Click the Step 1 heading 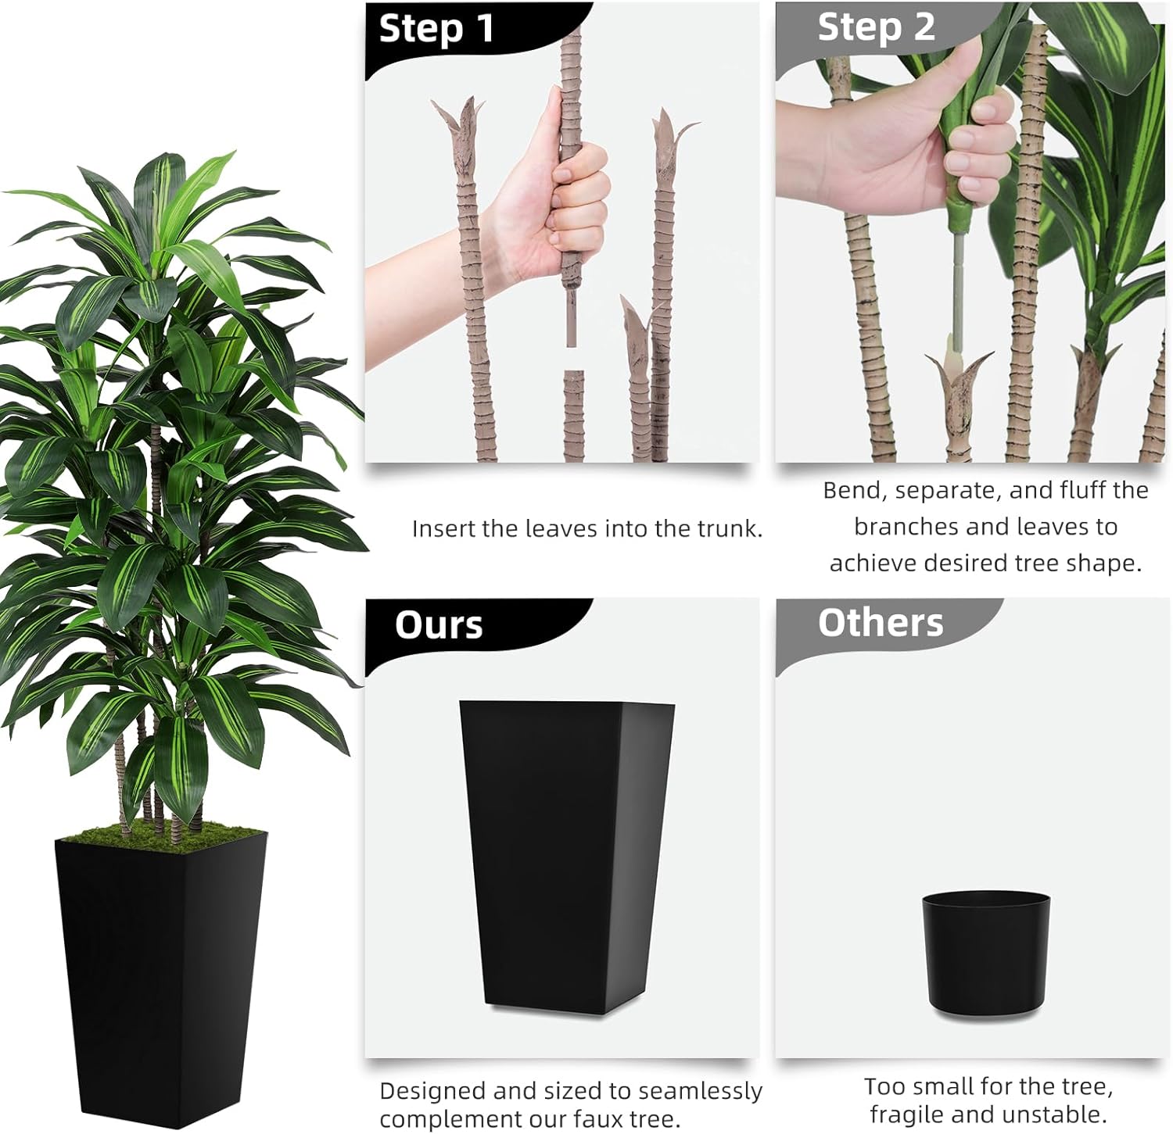pyautogui.click(x=436, y=29)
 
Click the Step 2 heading pyautogui.click(x=875, y=27)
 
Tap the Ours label pyautogui.click(x=438, y=625)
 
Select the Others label pyautogui.click(x=880, y=623)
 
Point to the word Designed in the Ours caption pyautogui.click(x=432, y=1091)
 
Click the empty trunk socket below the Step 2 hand pyautogui.click(x=959, y=375)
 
